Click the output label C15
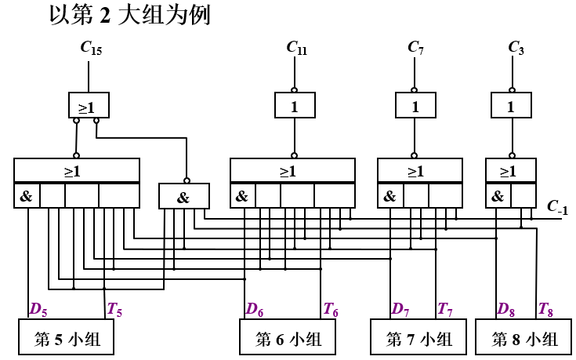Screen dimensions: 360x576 [x=91, y=49]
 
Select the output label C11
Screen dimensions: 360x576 [x=296, y=49]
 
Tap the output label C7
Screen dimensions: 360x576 [x=416, y=49]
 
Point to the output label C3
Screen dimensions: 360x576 [x=516, y=49]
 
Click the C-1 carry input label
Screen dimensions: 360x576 [x=557, y=207]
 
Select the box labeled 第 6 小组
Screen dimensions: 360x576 [x=288, y=339]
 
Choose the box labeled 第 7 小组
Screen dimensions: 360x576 [x=418, y=339]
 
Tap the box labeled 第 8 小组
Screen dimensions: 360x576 [x=524, y=339]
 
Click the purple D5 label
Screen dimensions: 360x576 [x=38, y=310]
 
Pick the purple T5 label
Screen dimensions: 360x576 [x=114, y=310]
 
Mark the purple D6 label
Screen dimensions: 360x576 [x=254, y=310]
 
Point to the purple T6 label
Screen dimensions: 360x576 [x=331, y=310]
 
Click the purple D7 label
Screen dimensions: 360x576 [x=400, y=310]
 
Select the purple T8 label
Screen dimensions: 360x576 [x=546, y=310]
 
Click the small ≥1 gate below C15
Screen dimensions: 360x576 [x=87, y=105]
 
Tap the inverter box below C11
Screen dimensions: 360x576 [x=295, y=105]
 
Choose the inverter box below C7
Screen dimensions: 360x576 [x=415, y=105]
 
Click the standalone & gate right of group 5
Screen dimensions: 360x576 [x=183, y=197]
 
